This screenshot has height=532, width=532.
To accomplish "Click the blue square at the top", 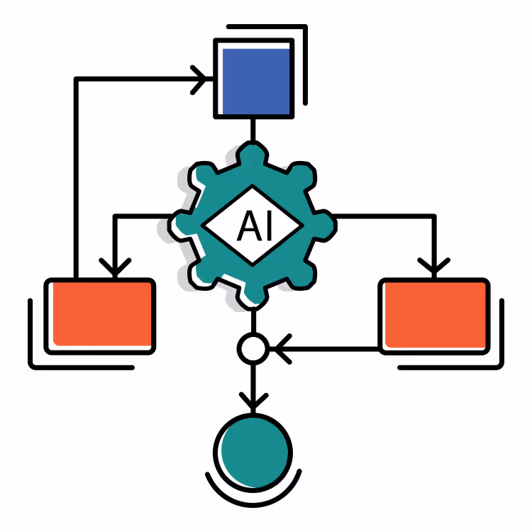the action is point(254,79).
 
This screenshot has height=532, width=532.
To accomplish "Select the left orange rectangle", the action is point(100,316).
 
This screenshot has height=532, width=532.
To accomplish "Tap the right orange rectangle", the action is point(434,316).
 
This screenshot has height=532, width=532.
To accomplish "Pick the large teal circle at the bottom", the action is point(253,453).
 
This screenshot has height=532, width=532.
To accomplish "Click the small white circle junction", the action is point(253,348).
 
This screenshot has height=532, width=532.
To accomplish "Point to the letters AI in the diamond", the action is point(255,226).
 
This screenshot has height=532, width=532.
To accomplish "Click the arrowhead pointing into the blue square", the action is point(199,79).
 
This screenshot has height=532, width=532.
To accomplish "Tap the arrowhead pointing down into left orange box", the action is point(115,267).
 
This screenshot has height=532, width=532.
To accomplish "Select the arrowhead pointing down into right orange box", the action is point(434,267).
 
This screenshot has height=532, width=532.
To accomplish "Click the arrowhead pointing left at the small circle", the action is point(282,349).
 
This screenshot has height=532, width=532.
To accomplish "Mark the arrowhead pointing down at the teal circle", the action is point(253,401).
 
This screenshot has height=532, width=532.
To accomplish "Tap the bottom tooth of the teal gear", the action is point(252,299).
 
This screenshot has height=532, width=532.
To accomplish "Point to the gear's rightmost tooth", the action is point(325,226).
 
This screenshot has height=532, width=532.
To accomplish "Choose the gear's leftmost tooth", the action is point(180,226).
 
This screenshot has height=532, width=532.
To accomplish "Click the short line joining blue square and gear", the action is point(253,131).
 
